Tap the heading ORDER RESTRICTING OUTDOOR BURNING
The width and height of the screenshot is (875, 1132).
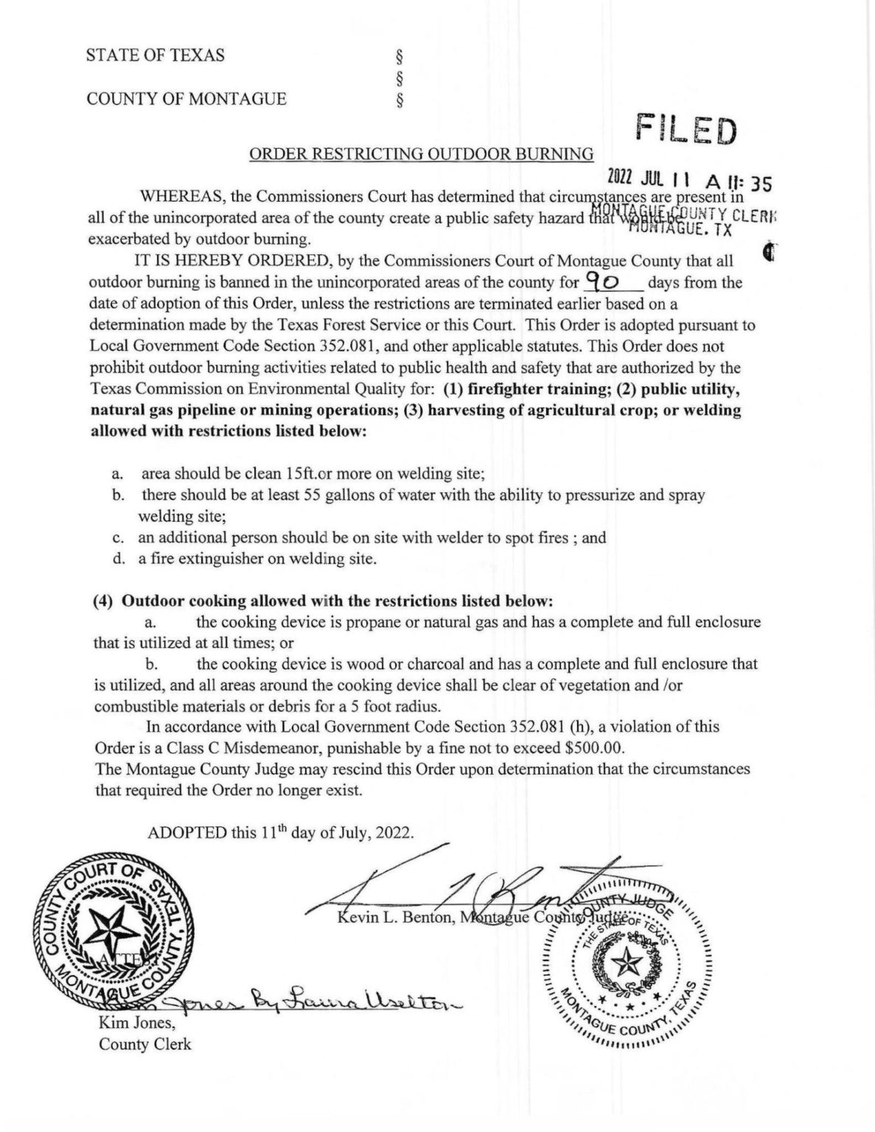click(x=421, y=153)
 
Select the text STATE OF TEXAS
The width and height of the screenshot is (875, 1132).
click(x=156, y=55)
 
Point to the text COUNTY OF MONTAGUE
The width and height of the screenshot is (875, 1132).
click(x=186, y=99)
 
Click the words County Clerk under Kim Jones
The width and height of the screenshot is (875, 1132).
click(x=144, y=1044)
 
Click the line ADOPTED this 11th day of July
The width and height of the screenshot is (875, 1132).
click(x=282, y=833)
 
